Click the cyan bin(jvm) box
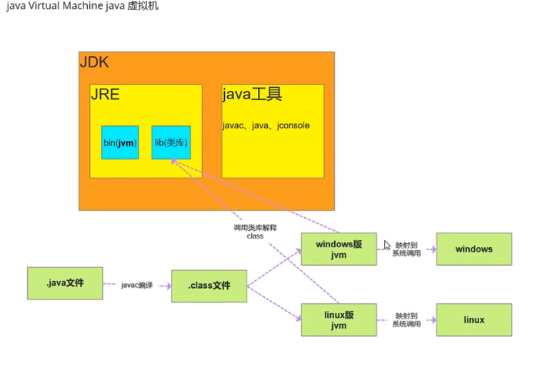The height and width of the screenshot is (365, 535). click(x=120, y=142)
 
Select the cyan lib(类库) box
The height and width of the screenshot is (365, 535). click(x=171, y=142)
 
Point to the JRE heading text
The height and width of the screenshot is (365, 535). click(x=105, y=95)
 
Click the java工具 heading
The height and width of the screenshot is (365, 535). click(x=252, y=94)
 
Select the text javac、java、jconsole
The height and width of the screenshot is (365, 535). click(x=266, y=125)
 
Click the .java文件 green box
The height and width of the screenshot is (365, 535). click(x=65, y=283)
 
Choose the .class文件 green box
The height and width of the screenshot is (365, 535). click(x=209, y=286)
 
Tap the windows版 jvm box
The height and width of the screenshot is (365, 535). click(x=338, y=249)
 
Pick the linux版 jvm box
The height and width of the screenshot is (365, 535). click(x=338, y=320)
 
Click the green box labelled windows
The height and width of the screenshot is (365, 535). click(x=474, y=249)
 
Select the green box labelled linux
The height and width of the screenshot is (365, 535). click(x=474, y=320)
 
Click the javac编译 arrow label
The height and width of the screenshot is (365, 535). click(x=137, y=285)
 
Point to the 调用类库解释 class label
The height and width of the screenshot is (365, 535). click(x=255, y=231)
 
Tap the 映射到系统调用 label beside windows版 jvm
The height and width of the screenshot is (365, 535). click(x=407, y=250)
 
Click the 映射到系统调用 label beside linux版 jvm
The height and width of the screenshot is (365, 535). click(x=407, y=320)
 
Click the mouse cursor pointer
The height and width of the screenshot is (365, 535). click(x=387, y=244)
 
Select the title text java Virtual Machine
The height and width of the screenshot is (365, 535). click(x=62, y=6)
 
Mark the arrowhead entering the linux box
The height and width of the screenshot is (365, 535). click(x=433, y=320)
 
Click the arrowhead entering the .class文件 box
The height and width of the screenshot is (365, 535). click(x=168, y=286)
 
